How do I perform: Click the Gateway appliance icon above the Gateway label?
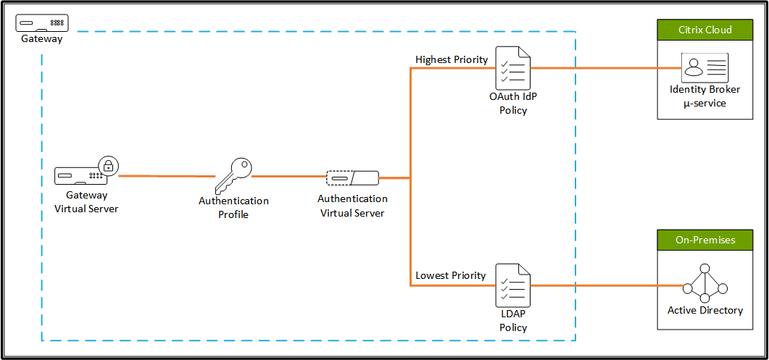pyautogui.click(x=43, y=23)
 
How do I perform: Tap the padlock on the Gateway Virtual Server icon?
pyautogui.click(x=108, y=165)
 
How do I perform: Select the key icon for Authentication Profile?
pyautogui.click(x=234, y=175)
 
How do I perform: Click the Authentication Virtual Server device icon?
pyautogui.click(x=352, y=177)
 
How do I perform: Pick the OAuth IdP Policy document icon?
pyautogui.click(x=512, y=68)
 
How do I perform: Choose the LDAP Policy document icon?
pyautogui.click(x=512, y=285)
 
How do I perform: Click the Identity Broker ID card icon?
pyautogui.click(x=704, y=68)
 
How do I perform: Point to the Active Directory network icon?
pyautogui.click(x=704, y=283)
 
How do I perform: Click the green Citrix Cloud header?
pyautogui.click(x=704, y=30)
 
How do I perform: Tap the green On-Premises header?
pyautogui.click(x=704, y=240)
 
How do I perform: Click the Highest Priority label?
pyautogui.click(x=452, y=59)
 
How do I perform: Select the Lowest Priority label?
pyautogui.click(x=450, y=276)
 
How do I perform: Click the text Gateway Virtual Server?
pyautogui.click(x=87, y=202)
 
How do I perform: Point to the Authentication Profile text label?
pyautogui.click(x=233, y=208)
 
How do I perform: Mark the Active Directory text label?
pyautogui.click(x=704, y=311)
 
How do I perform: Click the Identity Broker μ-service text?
pyautogui.click(x=704, y=96)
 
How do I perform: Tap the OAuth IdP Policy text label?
pyautogui.click(x=512, y=104)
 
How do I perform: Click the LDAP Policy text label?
pyautogui.click(x=512, y=321)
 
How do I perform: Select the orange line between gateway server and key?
pyautogui.click(x=167, y=176)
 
